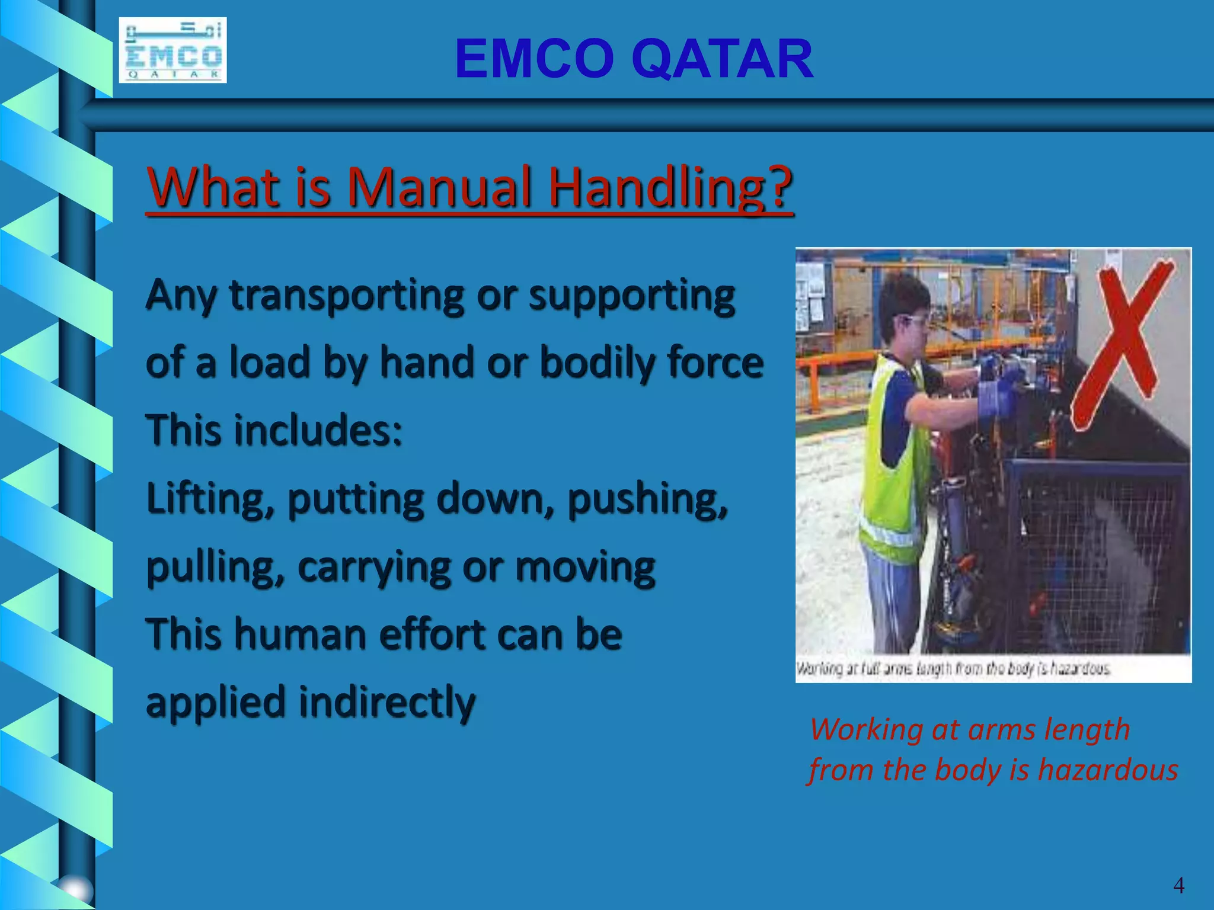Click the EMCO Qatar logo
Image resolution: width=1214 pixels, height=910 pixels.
coord(172,50)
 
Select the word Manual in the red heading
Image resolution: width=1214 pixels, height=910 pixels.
coord(439,187)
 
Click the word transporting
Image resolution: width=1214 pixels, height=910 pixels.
coord(347,296)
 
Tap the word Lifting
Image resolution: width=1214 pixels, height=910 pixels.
coord(210,499)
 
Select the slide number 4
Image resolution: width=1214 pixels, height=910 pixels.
coord(1178,885)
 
